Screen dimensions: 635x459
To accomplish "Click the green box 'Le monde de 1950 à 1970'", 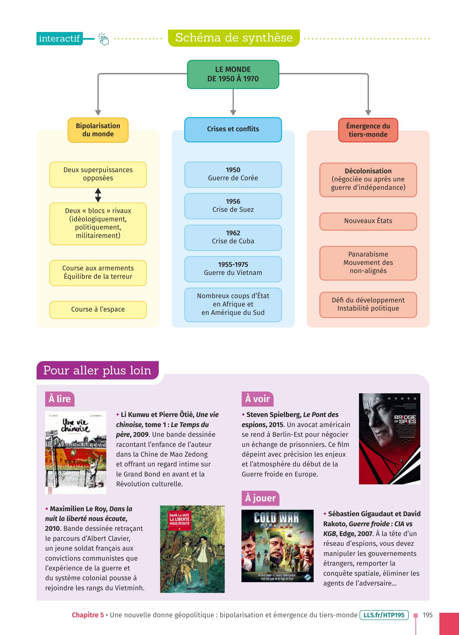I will click(x=233, y=74).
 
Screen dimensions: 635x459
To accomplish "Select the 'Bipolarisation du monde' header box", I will click(x=98, y=130).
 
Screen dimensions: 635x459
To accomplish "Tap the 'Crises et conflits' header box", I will click(x=233, y=129).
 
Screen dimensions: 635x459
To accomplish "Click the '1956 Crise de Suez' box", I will click(x=233, y=206).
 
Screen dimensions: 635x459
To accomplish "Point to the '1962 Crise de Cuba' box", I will click(x=233, y=237).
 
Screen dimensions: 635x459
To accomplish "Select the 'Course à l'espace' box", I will click(x=98, y=309).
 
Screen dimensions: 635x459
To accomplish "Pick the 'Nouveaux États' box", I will click(x=368, y=221).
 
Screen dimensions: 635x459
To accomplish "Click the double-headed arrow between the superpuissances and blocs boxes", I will click(x=98, y=195).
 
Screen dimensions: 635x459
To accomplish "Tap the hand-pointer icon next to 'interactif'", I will click(x=103, y=39).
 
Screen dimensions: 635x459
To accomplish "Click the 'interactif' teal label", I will click(x=59, y=39).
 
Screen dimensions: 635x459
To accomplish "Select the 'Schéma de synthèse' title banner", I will click(x=234, y=38).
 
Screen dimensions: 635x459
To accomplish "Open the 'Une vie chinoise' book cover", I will click(x=76, y=452).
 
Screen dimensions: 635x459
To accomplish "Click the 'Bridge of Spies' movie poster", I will click(x=389, y=439).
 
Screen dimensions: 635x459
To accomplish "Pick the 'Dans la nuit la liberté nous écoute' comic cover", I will click(x=192, y=549).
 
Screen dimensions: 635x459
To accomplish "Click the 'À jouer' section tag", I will click(x=260, y=498).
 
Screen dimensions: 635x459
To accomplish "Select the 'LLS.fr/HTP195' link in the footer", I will click(x=384, y=615).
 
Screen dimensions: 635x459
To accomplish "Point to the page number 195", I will click(x=427, y=615).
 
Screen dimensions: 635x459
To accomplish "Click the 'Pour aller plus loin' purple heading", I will click(x=97, y=370).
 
